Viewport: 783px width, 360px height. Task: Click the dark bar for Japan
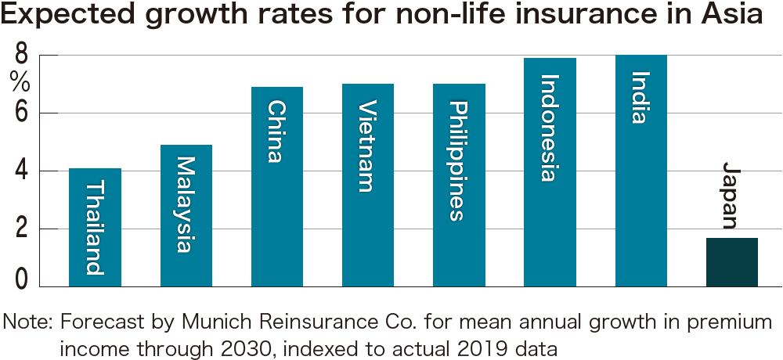click(x=731, y=262)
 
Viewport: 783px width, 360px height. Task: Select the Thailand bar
click(x=95, y=227)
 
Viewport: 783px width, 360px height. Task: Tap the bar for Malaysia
click(x=186, y=215)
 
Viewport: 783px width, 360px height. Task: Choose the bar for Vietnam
click(x=367, y=185)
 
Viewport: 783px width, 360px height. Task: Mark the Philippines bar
click(x=459, y=185)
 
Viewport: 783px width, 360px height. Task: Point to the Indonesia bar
click(x=550, y=172)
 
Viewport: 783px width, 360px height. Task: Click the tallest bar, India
click(x=640, y=171)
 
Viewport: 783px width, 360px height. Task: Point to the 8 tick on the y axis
click(x=21, y=56)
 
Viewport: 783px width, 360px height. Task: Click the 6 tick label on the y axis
click(x=21, y=113)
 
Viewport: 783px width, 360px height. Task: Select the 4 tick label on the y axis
click(x=21, y=171)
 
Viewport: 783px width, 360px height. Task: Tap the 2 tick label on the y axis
click(x=21, y=229)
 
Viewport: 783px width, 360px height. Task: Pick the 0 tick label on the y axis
click(x=21, y=278)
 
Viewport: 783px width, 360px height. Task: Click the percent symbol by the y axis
click(x=20, y=81)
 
